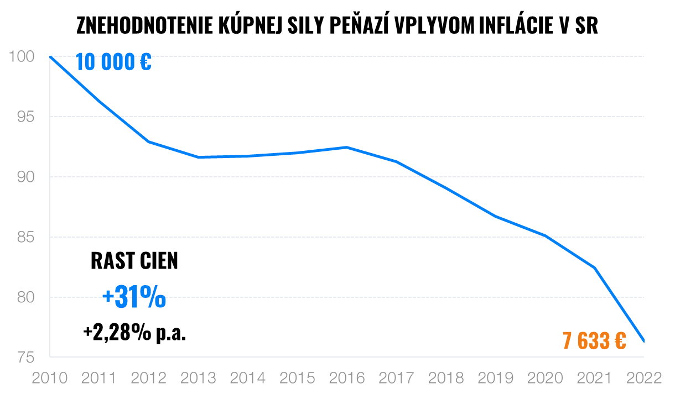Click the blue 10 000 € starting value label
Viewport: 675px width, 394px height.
click(x=113, y=62)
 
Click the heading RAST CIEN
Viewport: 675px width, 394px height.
click(x=134, y=261)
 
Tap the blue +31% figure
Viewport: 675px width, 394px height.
click(x=134, y=298)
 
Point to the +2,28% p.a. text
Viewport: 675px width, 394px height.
click(x=134, y=333)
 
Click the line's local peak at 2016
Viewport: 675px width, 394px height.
click(x=346, y=147)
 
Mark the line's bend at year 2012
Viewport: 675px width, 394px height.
click(x=149, y=142)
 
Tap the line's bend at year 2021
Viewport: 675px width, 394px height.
click(x=595, y=268)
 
